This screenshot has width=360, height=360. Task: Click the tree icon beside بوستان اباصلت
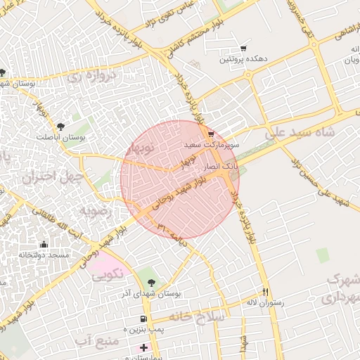pos(62,126)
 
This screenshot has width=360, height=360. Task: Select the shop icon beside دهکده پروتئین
pos(243,49)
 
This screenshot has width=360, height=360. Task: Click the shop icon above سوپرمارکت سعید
pos(211,134)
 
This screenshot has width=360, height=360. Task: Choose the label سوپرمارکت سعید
pos(212,144)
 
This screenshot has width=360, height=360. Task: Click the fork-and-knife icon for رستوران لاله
pos(265,292)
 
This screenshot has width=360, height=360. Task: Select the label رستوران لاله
pos(264,302)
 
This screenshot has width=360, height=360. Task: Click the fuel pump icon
pos(143,319)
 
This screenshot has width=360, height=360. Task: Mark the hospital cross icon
pos(144,347)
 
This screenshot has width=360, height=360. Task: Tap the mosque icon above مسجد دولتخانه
pos(44,244)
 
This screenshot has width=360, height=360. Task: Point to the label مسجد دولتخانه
pos(44,255)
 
